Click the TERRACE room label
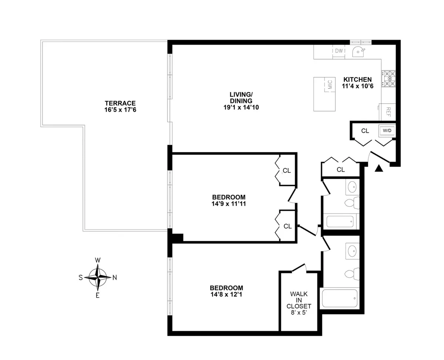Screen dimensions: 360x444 click(120, 103)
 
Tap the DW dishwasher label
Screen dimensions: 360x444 click(339, 51)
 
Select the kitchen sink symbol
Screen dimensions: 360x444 click(358, 51)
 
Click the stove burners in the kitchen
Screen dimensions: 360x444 click(389, 79)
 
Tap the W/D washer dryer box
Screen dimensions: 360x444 click(387, 131)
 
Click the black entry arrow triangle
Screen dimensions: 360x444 click(378, 168)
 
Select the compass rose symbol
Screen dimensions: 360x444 click(98, 277)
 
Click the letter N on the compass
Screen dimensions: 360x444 click(115, 277)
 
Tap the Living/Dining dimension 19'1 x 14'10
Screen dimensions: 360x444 click(241, 107)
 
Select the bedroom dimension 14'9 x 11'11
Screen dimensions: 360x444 click(229, 203)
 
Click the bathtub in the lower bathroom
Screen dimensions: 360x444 click(340, 298)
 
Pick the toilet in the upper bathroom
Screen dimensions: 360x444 click(352, 203)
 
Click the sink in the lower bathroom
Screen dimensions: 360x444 click(352, 251)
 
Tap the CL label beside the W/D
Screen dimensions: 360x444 click(365, 131)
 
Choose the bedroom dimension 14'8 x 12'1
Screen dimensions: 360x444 click(226, 295)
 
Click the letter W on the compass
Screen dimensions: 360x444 click(98, 260)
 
